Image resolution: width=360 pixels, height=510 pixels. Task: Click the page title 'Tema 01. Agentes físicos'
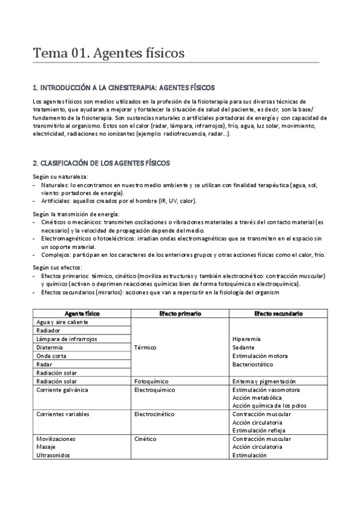click(x=108, y=54)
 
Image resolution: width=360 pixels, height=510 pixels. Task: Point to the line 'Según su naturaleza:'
click(x=60, y=176)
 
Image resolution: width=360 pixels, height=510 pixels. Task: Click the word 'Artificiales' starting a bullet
click(x=55, y=201)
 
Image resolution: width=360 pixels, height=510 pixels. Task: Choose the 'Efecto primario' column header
click(x=180, y=313)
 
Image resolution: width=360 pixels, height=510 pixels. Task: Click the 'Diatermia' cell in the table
click(x=50, y=347)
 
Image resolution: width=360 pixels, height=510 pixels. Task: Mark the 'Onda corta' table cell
click(x=51, y=355)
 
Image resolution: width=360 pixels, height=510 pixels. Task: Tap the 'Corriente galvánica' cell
click(x=62, y=390)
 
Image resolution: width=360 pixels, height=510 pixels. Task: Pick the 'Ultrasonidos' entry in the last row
click(x=53, y=455)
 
